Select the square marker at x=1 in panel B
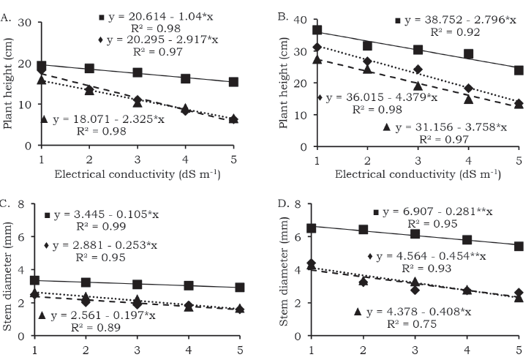pyautogui.click(x=317, y=30)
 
